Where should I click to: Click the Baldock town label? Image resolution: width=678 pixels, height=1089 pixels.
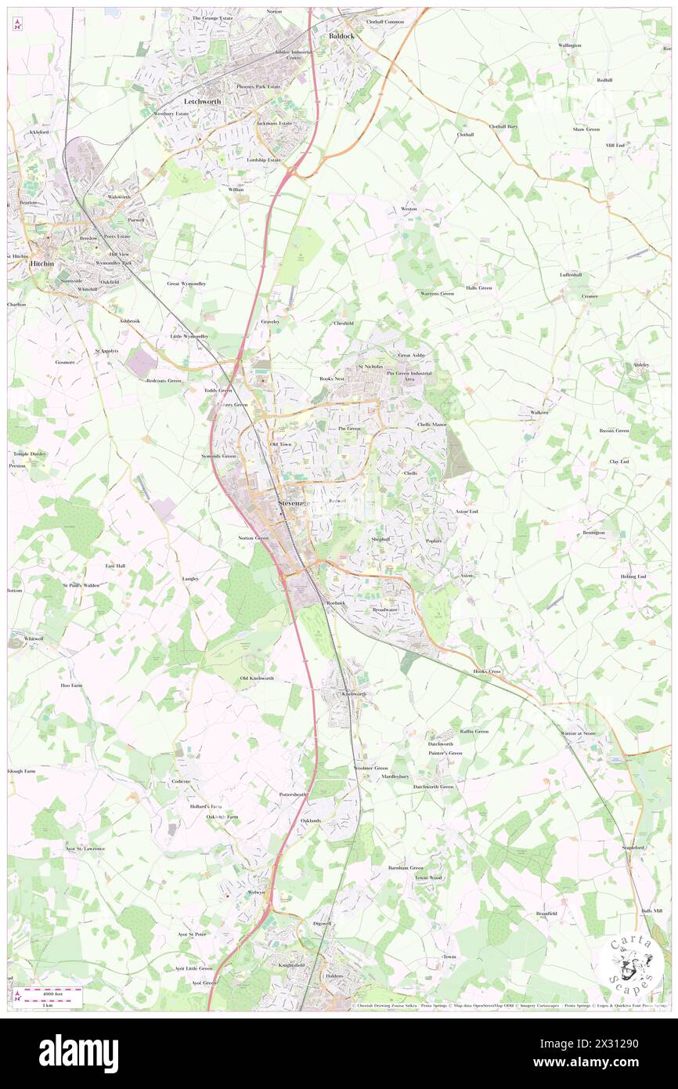[x=341, y=36]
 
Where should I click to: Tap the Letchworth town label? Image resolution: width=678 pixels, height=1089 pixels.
[x=202, y=102]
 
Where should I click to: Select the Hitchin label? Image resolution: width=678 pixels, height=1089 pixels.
[x=41, y=265]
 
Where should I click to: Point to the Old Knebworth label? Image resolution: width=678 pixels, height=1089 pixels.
[x=257, y=678]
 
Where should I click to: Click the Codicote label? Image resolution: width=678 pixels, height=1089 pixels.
[x=181, y=782]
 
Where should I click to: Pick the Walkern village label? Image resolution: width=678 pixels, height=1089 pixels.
[x=539, y=412]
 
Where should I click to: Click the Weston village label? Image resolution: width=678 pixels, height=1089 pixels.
[x=409, y=209]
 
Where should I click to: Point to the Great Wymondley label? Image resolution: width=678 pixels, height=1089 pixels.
[x=186, y=284]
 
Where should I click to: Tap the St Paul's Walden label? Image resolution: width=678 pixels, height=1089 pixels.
[x=81, y=585]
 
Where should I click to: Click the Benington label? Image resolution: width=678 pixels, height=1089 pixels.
[x=593, y=533]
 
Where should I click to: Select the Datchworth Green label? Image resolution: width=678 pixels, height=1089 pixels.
[x=433, y=787]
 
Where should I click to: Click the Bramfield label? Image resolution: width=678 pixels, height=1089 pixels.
[x=546, y=914]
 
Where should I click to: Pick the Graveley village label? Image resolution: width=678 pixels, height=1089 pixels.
[x=270, y=321]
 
